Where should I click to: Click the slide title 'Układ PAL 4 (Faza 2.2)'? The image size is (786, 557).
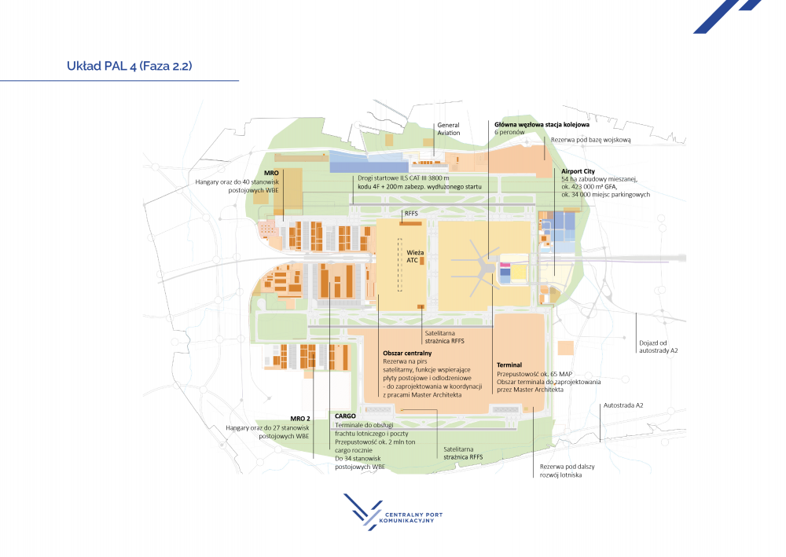tap(130, 66)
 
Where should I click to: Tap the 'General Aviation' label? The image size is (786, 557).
tap(449, 129)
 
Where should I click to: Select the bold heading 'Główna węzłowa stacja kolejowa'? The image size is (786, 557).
tap(542, 125)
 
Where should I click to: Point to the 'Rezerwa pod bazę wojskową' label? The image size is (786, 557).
tap(591, 140)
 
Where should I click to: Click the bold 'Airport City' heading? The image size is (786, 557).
tap(578, 171)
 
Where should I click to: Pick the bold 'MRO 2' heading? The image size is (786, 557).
tap(300, 419)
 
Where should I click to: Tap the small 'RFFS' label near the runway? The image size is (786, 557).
tap(411, 214)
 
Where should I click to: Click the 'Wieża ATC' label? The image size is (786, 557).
tap(414, 256)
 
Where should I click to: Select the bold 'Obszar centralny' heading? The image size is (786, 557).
tap(407, 354)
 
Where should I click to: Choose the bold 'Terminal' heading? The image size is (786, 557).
tap(509, 365)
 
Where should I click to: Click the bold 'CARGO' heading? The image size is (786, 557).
tap(345, 416)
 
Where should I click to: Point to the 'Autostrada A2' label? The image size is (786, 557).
tap(623, 405)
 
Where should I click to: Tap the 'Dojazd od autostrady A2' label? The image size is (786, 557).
tap(658, 346)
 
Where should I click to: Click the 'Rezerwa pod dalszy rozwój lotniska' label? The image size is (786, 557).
tap(567, 471)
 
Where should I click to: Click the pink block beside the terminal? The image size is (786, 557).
tap(505, 265)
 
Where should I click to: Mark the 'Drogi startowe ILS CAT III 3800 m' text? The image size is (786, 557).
tap(403, 178)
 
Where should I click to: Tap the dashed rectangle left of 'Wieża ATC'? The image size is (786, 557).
tap(400, 265)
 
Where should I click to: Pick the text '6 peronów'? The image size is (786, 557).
tap(509, 132)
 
